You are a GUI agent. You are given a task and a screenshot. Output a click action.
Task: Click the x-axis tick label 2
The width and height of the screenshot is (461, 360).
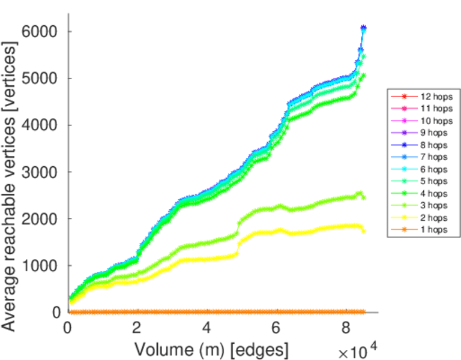137,328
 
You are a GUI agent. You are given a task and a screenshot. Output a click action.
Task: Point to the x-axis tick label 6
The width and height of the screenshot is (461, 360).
276,328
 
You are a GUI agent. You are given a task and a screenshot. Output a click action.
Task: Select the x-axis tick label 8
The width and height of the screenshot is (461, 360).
345,328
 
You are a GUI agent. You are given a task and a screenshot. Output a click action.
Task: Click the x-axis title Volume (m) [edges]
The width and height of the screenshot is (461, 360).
211,349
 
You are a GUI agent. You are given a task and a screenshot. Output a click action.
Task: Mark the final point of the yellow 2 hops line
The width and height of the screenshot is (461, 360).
364,231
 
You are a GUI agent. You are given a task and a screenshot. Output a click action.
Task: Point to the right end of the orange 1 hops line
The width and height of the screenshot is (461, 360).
364,312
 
